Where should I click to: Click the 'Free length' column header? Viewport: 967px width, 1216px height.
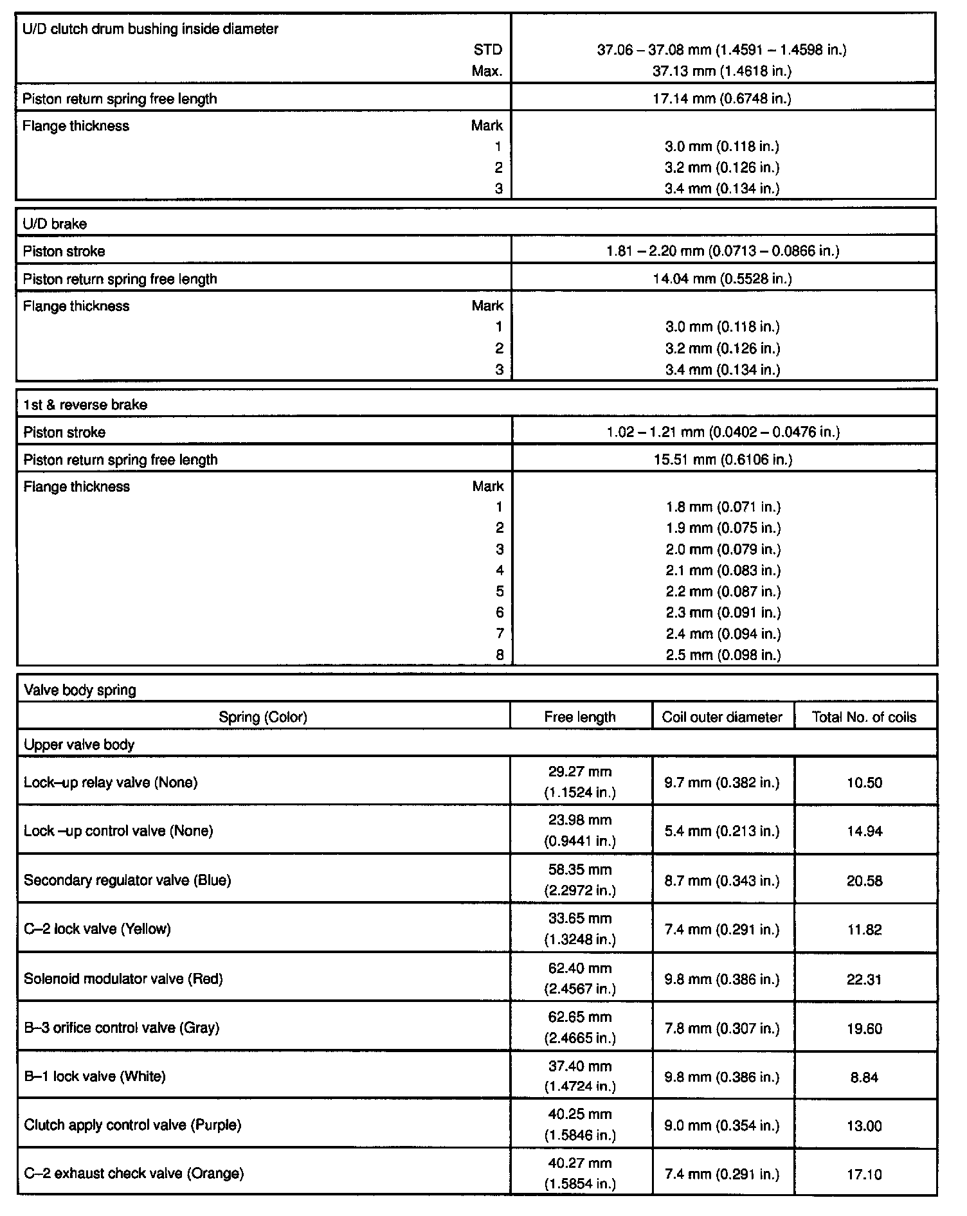coord(580,717)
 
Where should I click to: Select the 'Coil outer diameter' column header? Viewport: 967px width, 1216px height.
coord(722,717)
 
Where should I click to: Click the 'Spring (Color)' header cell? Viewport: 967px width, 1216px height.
coord(263,717)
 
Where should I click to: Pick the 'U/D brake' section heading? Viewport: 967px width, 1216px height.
coord(55,224)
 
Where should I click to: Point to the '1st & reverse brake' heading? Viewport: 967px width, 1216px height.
coord(85,405)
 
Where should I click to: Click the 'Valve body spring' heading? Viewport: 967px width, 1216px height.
coord(80,690)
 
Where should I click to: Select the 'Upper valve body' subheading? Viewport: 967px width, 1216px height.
coord(79,745)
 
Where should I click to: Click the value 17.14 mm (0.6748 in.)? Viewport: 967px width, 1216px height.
coord(722,99)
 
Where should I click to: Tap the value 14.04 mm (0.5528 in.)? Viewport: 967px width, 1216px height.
coord(722,279)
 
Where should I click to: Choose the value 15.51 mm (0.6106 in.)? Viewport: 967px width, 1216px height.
coord(723,460)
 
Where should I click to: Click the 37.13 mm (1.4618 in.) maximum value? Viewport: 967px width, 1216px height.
coord(722,71)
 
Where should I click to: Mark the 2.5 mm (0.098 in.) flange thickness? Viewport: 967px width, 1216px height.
coord(723,655)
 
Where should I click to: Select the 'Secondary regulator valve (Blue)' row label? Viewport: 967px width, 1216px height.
coord(127,880)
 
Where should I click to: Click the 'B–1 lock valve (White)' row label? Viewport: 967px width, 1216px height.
coord(95,1077)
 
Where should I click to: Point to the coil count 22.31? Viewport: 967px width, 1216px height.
coord(864,979)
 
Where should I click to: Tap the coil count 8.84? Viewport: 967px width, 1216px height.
coord(864,1077)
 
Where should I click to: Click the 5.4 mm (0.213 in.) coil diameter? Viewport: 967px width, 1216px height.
coord(722,831)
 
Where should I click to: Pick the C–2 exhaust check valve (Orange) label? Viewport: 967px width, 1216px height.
coord(134,1174)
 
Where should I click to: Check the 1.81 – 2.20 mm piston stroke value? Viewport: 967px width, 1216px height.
coord(723,251)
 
